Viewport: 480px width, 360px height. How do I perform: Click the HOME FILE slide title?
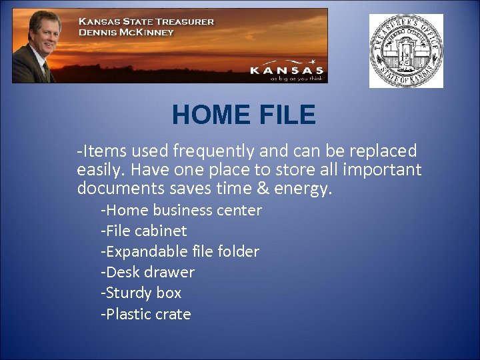point(243,115)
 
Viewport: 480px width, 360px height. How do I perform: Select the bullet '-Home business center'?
point(181,210)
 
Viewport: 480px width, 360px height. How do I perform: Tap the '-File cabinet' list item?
point(143,231)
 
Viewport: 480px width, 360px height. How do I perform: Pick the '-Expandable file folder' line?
point(179,251)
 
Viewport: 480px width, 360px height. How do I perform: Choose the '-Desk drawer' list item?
point(147,272)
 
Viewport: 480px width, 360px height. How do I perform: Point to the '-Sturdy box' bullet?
point(141,293)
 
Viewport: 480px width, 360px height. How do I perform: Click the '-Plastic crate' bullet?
point(145,314)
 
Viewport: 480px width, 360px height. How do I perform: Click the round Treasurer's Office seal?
point(406,51)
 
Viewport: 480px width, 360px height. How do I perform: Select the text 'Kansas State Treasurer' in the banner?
point(147,21)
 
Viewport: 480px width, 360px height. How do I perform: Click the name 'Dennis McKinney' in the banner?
point(126,32)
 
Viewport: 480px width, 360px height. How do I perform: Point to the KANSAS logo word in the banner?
point(287,70)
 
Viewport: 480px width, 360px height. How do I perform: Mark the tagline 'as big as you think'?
point(297,78)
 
